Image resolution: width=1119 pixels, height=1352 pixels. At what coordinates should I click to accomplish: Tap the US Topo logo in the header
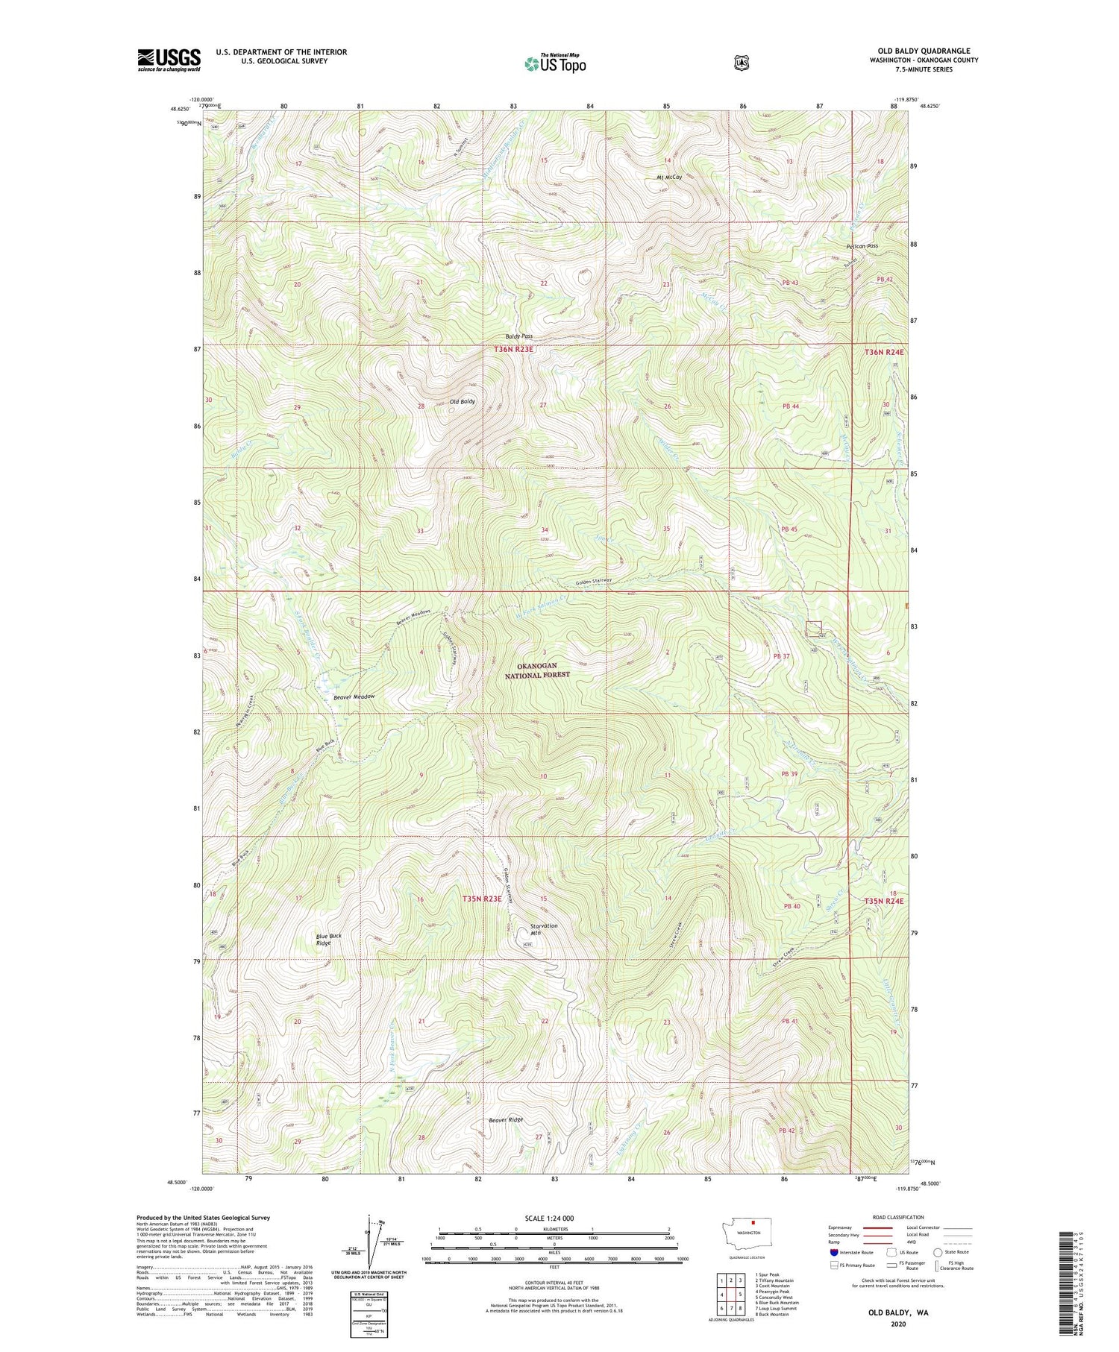(555, 64)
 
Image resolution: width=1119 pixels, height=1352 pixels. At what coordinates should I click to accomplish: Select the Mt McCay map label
(669, 177)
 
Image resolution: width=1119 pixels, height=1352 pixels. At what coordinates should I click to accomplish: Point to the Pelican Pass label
(862, 245)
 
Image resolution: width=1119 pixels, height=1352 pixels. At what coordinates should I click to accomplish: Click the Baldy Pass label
(518, 336)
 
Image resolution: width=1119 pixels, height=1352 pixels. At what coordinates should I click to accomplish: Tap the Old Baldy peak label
(462, 401)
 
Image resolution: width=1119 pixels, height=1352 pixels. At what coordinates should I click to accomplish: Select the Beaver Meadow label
(349, 697)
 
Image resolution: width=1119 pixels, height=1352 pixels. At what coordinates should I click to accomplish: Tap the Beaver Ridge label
(506, 1119)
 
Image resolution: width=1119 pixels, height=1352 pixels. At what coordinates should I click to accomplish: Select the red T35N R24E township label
(884, 901)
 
